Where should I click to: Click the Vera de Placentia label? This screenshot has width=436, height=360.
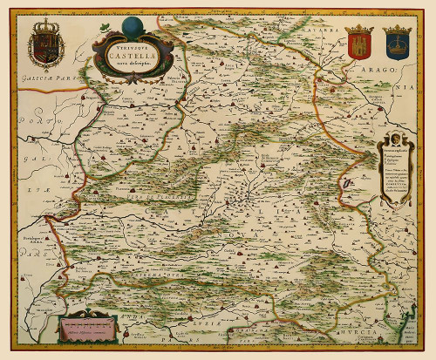144,202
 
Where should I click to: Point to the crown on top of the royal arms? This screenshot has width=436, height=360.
46,24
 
